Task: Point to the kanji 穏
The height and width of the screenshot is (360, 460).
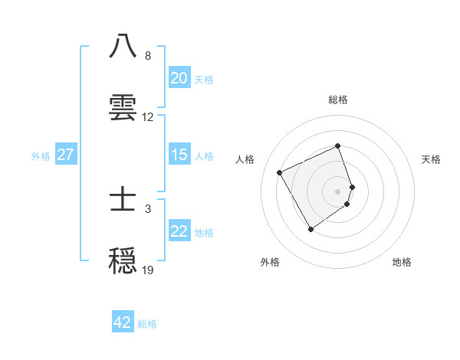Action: [123, 260]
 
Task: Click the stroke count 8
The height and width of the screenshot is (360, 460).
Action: [147, 56]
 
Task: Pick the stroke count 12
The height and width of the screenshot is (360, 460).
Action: [148, 117]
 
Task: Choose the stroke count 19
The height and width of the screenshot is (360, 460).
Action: [148, 270]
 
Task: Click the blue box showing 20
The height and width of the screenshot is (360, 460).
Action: [179, 78]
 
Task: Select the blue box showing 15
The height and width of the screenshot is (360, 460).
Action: [179, 155]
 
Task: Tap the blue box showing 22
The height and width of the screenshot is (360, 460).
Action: [179, 231]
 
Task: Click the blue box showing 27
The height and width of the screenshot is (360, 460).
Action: [65, 155]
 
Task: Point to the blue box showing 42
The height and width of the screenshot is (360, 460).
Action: [123, 322]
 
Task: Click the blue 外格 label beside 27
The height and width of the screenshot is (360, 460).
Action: [41, 155]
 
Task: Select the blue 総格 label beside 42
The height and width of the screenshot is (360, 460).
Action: [147, 324]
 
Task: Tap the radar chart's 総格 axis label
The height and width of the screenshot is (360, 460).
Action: [338, 100]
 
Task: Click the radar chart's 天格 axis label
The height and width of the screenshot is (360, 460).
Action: [431, 159]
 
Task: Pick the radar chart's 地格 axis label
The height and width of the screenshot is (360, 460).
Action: [402, 262]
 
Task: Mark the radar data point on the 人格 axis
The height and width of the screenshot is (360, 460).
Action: [280, 172]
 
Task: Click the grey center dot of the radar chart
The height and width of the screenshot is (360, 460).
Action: [338, 191]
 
